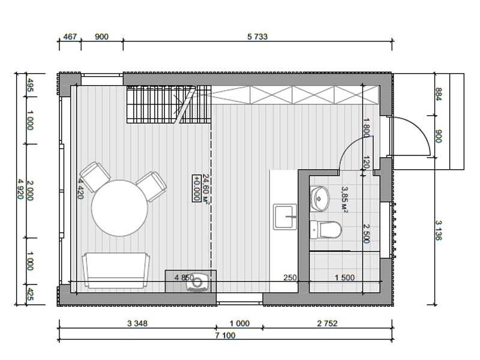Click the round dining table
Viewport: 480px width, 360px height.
[119, 208]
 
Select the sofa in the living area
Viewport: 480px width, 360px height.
[116, 271]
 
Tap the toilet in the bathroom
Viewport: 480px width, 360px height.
[325, 230]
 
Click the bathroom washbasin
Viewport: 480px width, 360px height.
[319, 199]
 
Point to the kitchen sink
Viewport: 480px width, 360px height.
[285, 217]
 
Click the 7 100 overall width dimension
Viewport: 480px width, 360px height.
[226, 335]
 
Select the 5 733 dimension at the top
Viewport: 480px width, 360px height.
[257, 37]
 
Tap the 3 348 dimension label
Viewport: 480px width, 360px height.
[137, 323]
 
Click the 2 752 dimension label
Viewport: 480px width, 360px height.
[327, 323]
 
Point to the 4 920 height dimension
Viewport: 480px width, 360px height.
[20, 189]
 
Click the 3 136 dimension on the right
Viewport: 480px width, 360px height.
[439, 230]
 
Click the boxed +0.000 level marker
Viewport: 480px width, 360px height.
[197, 188]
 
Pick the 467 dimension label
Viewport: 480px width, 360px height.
[70, 37]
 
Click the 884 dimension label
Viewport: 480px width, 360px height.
[439, 95]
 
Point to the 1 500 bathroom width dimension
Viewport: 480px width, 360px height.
[344, 278]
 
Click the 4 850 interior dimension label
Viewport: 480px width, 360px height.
[184, 278]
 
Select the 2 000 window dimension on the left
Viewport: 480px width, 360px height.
[30, 190]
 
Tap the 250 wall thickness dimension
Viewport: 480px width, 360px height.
[290, 278]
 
